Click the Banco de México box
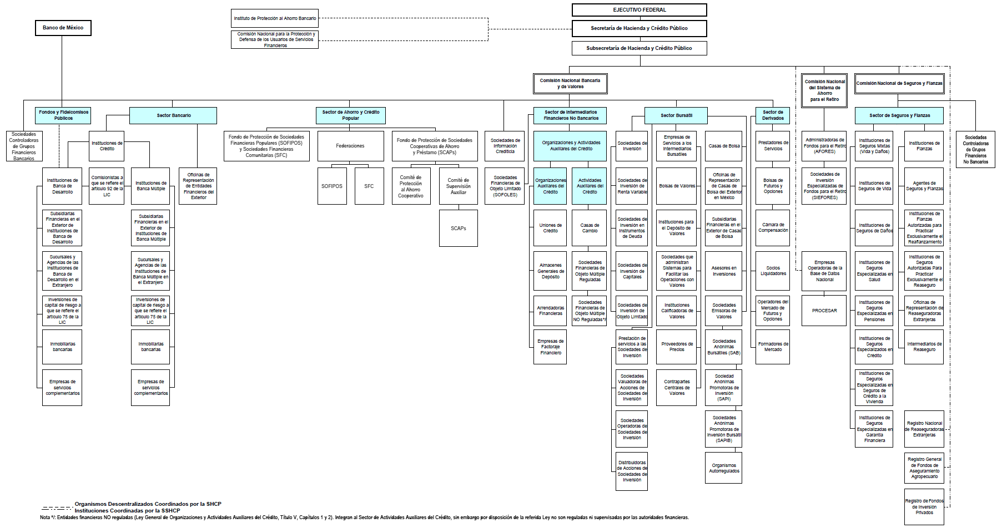[x=63, y=28]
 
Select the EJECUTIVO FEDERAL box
[x=640, y=10]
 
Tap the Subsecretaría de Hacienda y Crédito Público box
[x=639, y=48]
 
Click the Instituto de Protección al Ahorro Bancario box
[x=275, y=18]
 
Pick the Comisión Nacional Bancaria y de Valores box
[x=570, y=84]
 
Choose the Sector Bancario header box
[x=173, y=115]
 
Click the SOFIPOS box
[x=332, y=186]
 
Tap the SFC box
[x=369, y=186]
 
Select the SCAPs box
[x=459, y=229]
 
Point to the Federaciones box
[x=350, y=146]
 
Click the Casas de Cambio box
[x=590, y=228]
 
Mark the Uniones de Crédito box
[x=550, y=228]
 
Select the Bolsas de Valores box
[x=677, y=186]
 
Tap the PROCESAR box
[x=824, y=311]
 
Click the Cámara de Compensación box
[x=773, y=228]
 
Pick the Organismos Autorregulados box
[x=724, y=468]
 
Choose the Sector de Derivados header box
[x=773, y=115]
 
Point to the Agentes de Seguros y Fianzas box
[x=924, y=186]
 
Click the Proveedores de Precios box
[x=677, y=347]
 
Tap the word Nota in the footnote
[x=45, y=517]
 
